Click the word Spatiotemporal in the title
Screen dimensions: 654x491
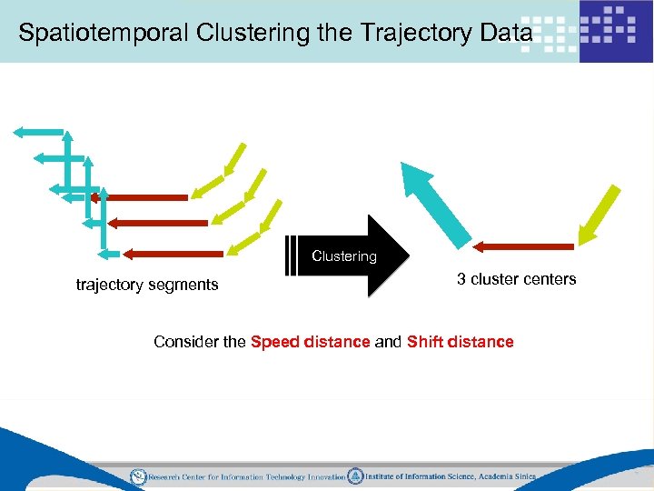tap(95, 34)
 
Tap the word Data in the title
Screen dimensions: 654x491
tap(503, 34)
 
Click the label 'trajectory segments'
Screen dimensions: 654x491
tap(147, 285)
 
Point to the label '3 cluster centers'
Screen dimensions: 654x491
tap(516, 279)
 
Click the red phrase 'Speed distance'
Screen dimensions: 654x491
tap(310, 342)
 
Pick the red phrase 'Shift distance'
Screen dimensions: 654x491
tap(461, 342)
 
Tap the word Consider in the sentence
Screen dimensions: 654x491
tap(187, 342)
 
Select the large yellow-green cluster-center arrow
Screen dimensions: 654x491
tap(599, 215)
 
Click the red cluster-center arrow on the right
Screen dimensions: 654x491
tap(523, 245)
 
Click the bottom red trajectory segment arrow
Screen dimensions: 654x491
tap(173, 254)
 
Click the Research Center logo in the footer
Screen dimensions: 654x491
tap(138, 476)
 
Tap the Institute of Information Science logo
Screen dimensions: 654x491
tap(356, 476)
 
